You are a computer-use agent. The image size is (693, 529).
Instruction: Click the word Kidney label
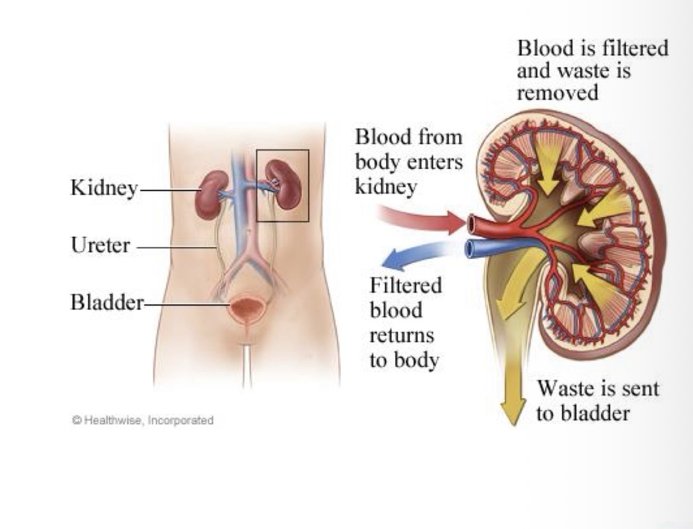pyautogui.click(x=104, y=188)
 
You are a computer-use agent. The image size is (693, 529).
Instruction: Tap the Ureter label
pyautogui.click(x=101, y=245)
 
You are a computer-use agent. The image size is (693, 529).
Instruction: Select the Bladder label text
pyautogui.click(x=107, y=302)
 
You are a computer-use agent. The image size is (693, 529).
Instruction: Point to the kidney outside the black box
pyautogui.click(x=211, y=195)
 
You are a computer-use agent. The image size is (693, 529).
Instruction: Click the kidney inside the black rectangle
pyautogui.click(x=285, y=185)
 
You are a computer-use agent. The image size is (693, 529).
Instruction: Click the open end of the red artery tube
pyautogui.click(x=471, y=225)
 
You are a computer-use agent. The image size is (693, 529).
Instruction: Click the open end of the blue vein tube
pyautogui.click(x=469, y=249)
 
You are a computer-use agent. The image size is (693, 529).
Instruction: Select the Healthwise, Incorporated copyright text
pyautogui.click(x=143, y=419)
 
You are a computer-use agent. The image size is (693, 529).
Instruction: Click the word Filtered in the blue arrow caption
pyautogui.click(x=405, y=285)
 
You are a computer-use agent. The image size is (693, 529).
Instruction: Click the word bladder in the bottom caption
pyautogui.click(x=595, y=413)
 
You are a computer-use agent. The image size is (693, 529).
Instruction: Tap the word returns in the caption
pyautogui.click(x=402, y=335)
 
